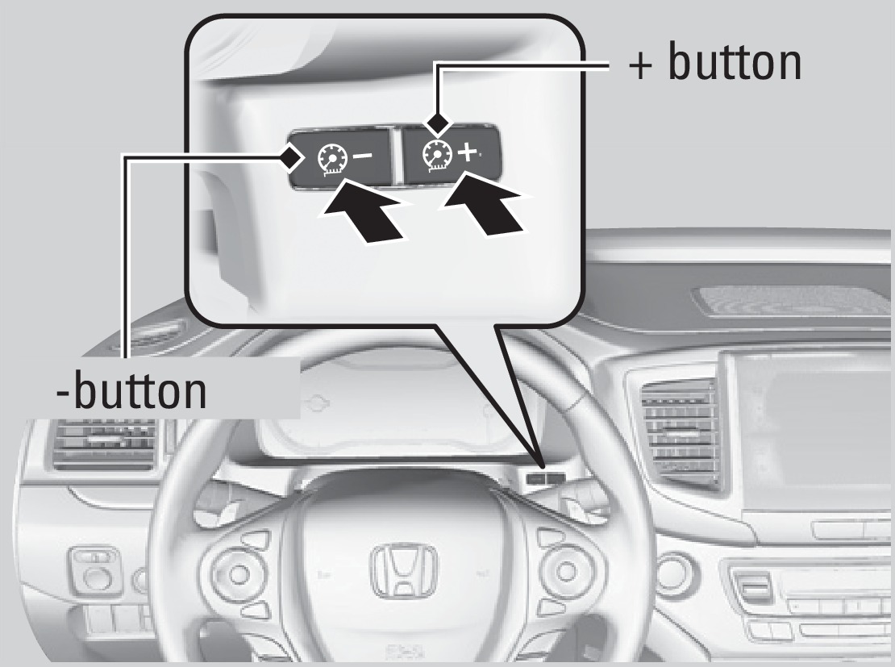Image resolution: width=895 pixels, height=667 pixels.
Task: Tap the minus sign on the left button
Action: (x=359, y=153)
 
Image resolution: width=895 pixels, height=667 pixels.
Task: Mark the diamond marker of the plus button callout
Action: (x=436, y=123)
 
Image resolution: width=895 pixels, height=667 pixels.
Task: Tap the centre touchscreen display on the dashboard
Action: (x=814, y=427)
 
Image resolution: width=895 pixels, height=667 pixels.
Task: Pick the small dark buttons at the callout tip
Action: (x=546, y=477)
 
